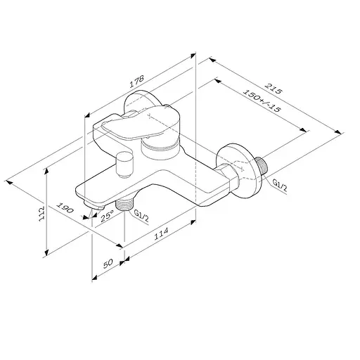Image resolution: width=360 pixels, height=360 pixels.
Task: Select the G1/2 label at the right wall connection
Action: [280, 184]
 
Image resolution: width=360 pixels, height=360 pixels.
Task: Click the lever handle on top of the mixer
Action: [134, 125]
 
